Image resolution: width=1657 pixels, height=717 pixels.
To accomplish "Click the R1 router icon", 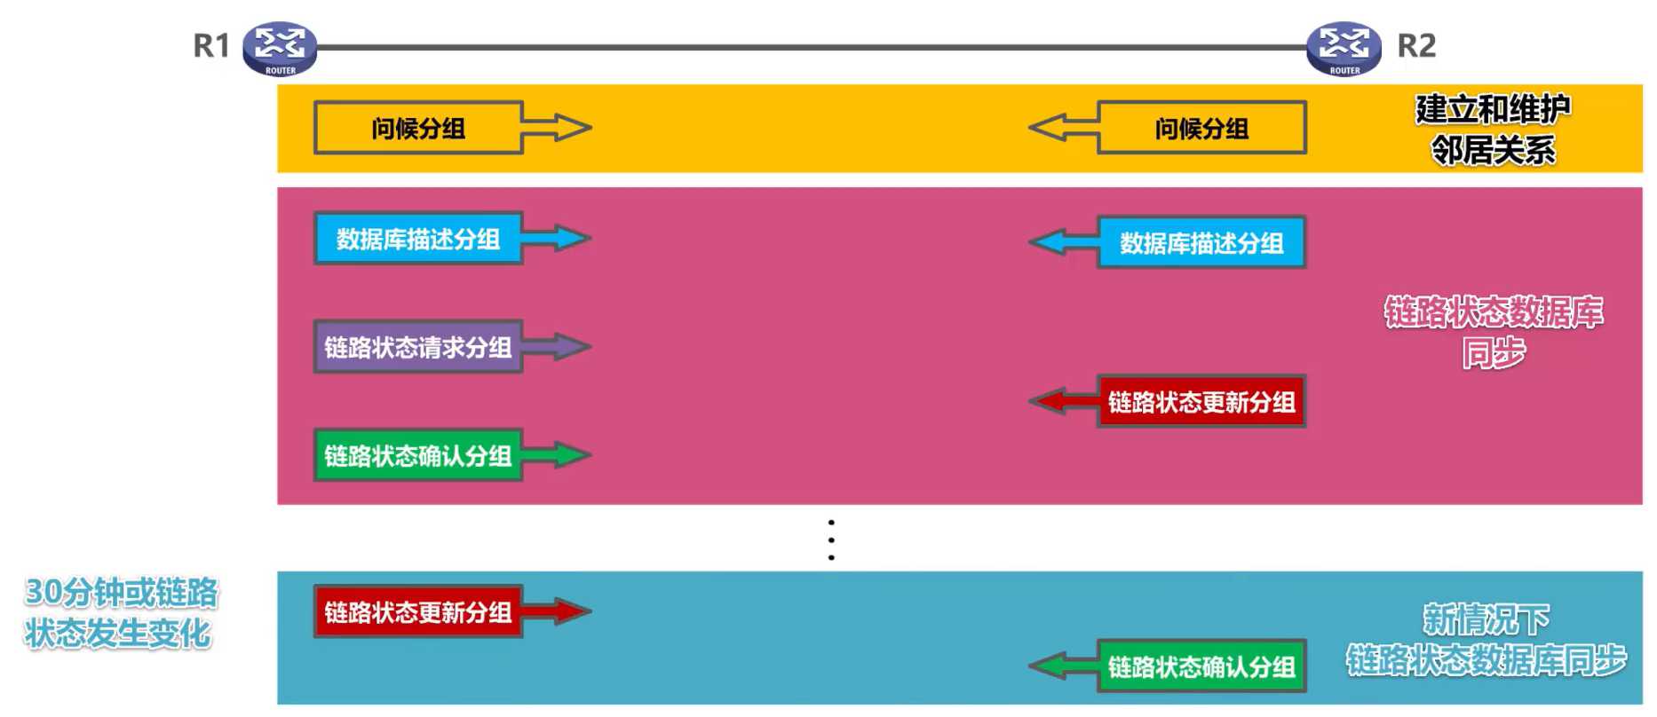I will click(280, 49).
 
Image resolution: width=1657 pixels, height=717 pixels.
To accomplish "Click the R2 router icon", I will click(1344, 49).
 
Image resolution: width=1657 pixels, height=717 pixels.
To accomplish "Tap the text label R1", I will click(211, 45).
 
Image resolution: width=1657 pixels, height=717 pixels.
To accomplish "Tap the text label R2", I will click(1416, 45).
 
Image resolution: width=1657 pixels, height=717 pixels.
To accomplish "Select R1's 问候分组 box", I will click(417, 128).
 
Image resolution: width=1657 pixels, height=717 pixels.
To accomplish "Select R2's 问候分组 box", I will click(1201, 128).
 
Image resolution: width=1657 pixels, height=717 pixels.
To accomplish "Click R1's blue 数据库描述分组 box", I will click(417, 238).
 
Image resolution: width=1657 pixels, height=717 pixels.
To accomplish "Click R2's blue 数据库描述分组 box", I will click(1201, 242).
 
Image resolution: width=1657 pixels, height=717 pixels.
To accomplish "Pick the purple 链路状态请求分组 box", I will click(417, 346).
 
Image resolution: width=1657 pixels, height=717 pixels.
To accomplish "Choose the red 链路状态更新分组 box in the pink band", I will click(1201, 402).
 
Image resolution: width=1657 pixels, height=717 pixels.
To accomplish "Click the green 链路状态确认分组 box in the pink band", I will click(417, 455).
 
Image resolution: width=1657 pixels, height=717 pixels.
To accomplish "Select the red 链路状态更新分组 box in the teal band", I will click(417, 611).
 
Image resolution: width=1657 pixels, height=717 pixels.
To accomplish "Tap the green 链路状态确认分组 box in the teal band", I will click(1201, 666).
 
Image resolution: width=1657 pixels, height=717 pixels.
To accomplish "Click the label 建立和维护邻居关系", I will click(1493, 130).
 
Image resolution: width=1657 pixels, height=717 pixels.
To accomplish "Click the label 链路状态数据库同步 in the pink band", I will click(1494, 332).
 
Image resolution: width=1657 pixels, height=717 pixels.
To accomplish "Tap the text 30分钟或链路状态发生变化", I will click(121, 612).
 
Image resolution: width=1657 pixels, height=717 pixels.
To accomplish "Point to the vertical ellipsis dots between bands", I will click(831, 540).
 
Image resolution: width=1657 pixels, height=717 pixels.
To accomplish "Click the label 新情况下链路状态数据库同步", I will click(1486, 640).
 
